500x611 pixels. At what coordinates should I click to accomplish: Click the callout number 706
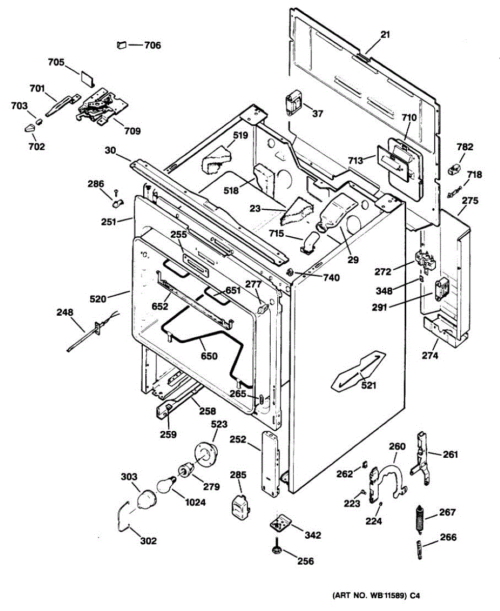pyautogui.click(x=152, y=45)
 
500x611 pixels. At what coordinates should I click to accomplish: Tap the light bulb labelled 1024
pyautogui.click(x=165, y=484)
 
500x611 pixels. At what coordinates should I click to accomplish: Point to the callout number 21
pyautogui.click(x=385, y=35)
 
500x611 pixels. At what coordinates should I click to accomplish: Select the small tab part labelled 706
pyautogui.click(x=121, y=45)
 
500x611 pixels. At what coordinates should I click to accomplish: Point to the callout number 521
pyautogui.click(x=369, y=385)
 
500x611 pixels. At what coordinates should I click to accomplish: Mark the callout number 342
pyautogui.click(x=313, y=535)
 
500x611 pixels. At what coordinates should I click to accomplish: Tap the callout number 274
pyautogui.click(x=430, y=356)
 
